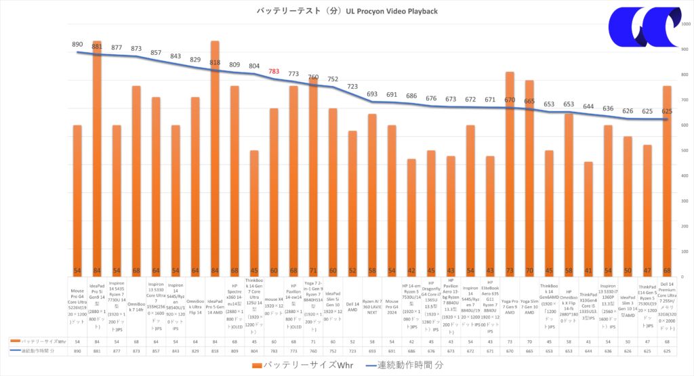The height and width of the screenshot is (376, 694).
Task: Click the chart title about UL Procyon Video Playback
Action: (347, 11)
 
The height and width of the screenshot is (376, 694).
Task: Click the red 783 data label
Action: (274, 71)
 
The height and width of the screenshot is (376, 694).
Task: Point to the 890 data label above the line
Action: (77, 45)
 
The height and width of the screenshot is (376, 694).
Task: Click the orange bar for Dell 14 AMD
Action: (352, 203)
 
